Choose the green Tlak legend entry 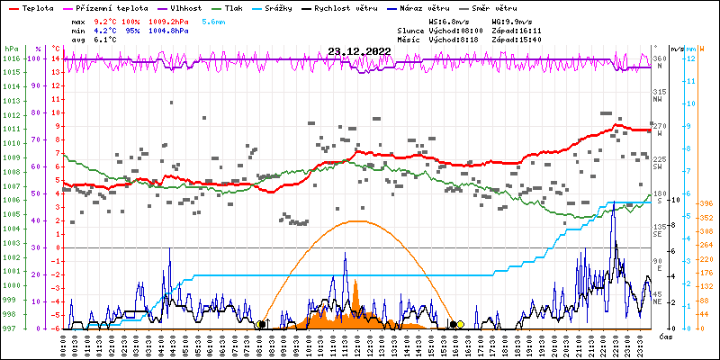(232, 7)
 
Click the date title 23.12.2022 (359, 51)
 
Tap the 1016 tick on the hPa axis (11, 59)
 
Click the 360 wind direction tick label (660, 59)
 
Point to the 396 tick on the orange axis (706, 203)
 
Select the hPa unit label (11, 49)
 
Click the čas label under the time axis (667, 337)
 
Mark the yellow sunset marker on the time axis (460, 324)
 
